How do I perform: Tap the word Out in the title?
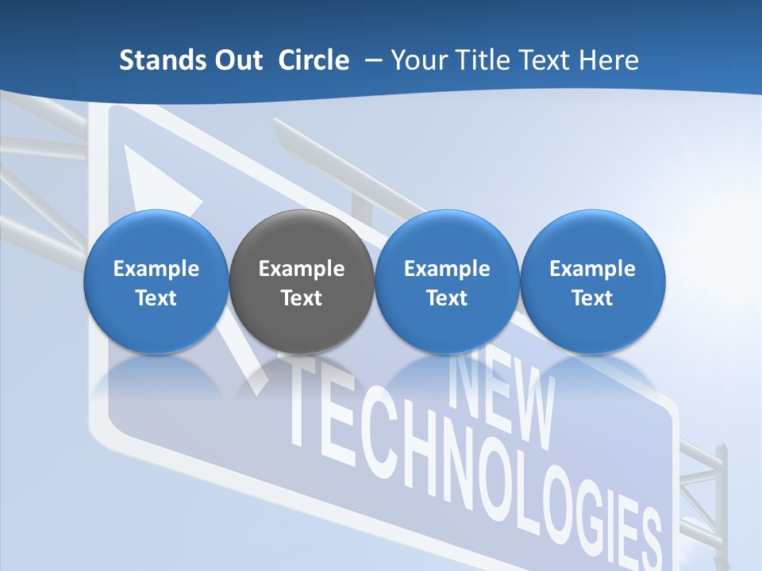click(237, 60)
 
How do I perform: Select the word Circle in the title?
click(314, 60)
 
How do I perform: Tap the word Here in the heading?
click(611, 60)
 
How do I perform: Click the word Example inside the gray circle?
click(302, 269)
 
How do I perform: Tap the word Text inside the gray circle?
click(302, 298)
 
